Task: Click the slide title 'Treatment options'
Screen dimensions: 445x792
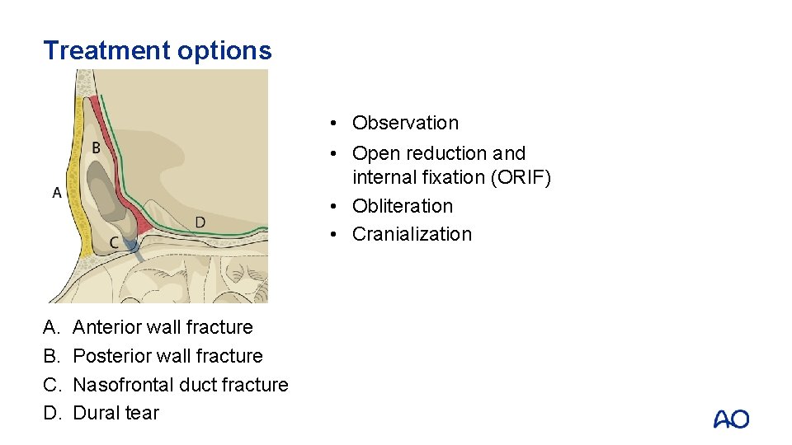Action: (157, 51)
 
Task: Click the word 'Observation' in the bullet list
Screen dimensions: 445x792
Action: (405, 123)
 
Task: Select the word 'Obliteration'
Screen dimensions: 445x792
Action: (403, 206)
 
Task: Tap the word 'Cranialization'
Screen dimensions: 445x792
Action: (412, 234)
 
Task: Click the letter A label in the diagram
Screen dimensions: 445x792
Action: (57, 192)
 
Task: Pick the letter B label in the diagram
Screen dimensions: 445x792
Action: (97, 148)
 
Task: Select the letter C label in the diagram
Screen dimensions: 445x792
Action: (114, 242)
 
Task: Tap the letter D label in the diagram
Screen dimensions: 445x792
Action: (200, 222)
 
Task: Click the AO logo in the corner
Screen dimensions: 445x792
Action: (731, 419)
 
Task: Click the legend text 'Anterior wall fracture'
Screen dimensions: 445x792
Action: (163, 327)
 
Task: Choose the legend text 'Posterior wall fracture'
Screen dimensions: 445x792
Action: (167, 356)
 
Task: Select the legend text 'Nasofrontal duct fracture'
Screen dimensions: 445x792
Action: (181, 385)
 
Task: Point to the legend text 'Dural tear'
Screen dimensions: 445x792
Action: (115, 413)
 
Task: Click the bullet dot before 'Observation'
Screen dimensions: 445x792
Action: (329, 124)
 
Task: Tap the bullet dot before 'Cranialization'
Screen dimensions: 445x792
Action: (329, 235)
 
